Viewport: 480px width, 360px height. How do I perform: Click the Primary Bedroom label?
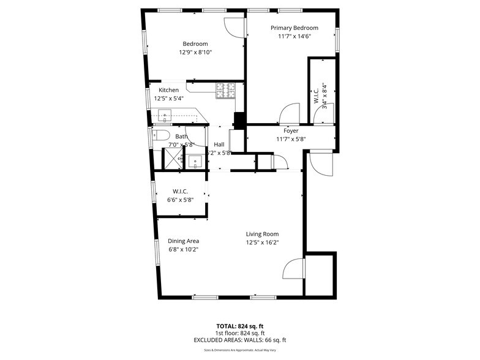point(294,28)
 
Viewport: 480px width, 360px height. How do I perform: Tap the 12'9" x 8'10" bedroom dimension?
point(195,53)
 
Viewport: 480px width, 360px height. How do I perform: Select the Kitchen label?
point(169,90)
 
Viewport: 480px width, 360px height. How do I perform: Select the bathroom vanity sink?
point(195,162)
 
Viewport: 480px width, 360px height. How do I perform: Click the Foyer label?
point(291,130)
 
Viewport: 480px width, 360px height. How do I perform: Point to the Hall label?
point(219,144)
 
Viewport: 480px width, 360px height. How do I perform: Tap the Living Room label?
point(262,234)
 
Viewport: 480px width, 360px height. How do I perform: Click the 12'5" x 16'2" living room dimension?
point(262,242)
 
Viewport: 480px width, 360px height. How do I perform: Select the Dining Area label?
point(183,241)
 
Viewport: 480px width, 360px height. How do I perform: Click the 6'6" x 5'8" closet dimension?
point(181,200)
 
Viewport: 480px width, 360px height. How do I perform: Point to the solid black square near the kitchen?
point(239,120)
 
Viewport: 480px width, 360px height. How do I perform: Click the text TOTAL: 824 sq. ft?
point(240,326)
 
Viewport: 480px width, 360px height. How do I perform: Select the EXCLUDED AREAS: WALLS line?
point(240,340)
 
